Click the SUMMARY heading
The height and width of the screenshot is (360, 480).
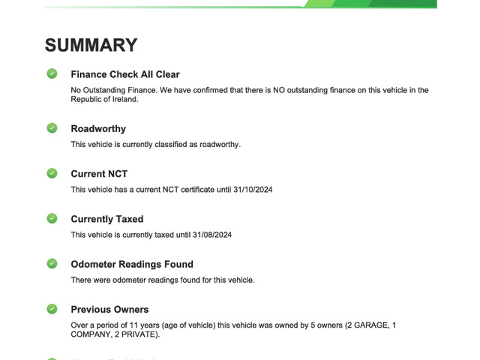[91, 45]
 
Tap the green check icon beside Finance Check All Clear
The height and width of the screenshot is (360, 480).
[52, 73]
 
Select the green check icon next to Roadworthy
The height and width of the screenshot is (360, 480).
[52, 128]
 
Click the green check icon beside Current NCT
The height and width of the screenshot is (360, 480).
[52, 173]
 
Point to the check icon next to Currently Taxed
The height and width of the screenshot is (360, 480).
[52, 218]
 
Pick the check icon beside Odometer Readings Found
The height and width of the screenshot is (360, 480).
[52, 263]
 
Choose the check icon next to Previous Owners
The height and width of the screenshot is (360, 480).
[52, 308]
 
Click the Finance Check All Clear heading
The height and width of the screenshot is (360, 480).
[125, 74]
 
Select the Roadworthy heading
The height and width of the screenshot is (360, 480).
[98, 129]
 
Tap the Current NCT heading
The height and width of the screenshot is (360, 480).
[99, 174]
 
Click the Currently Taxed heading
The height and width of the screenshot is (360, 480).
[107, 219]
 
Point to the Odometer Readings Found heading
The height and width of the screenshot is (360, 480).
[132, 264]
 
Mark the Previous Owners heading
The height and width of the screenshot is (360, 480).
[109, 309]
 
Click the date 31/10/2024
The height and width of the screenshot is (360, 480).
[252, 190]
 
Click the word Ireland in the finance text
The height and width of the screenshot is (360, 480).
[123, 99]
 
